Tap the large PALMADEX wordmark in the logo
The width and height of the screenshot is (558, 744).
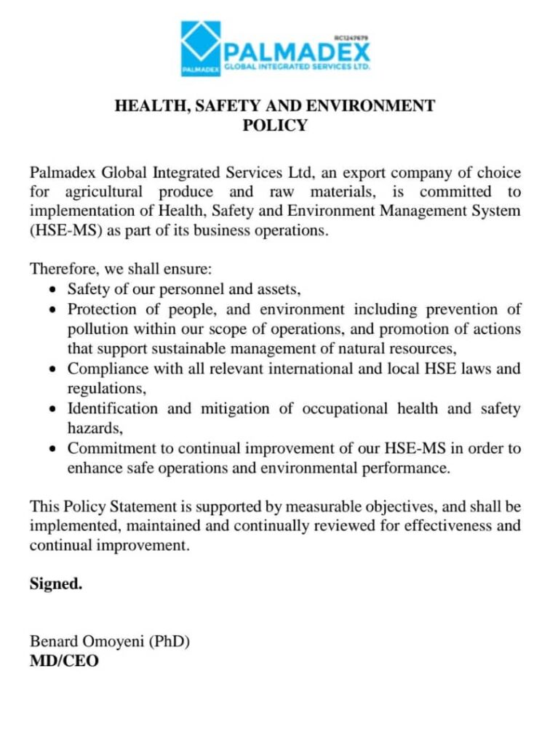297,52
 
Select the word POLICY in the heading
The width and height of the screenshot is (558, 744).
275,126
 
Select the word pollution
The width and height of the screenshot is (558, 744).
97,328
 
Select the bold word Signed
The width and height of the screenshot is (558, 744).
56,583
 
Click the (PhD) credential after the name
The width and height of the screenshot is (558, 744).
170,642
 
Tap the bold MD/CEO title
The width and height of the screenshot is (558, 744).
64,661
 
